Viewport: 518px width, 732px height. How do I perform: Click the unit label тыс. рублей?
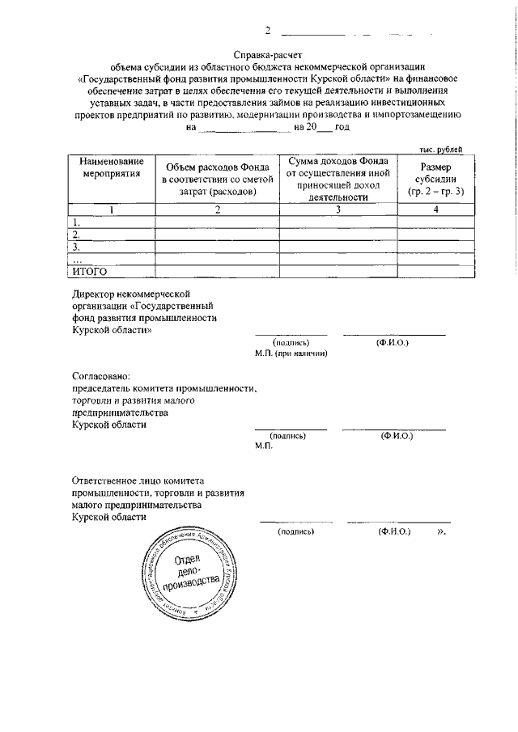pyautogui.click(x=440, y=150)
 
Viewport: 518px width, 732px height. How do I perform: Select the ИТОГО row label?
pyautogui.click(x=91, y=272)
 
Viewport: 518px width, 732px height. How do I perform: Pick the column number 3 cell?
pyautogui.click(x=338, y=210)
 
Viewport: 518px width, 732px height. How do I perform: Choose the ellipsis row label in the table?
pyautogui.click(x=77, y=260)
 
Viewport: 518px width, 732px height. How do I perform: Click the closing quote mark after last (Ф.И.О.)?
pyautogui.click(x=441, y=533)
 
